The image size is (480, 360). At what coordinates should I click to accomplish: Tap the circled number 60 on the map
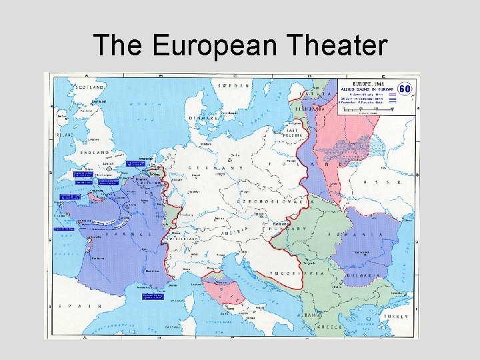404,89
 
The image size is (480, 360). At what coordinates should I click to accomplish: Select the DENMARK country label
204,118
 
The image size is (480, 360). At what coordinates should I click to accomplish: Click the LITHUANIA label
311,108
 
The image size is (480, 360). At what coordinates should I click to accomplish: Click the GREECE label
329,327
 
